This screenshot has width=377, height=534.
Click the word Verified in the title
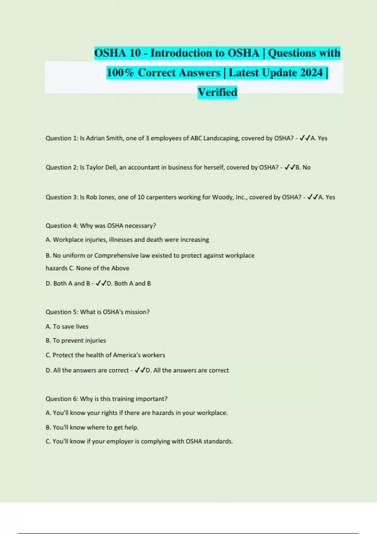coord(217,92)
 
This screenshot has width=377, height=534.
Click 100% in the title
coord(120,73)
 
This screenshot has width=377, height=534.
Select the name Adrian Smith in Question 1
coord(104,138)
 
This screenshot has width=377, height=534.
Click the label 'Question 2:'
coord(62,167)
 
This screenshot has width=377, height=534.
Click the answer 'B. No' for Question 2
coord(303,167)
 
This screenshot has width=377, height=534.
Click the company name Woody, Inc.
coord(229,197)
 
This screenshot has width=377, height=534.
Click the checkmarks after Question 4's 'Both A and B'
coord(101,283)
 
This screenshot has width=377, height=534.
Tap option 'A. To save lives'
coord(67,327)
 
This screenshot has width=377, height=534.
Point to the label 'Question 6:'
coord(62,399)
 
